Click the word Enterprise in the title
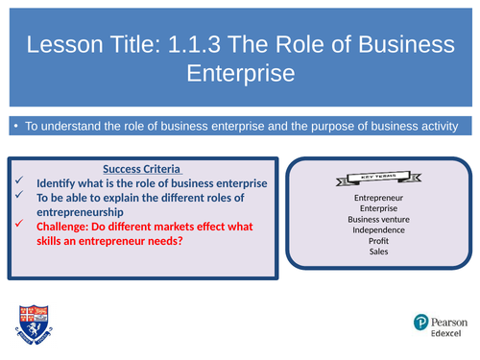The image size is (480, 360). point(240,73)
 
